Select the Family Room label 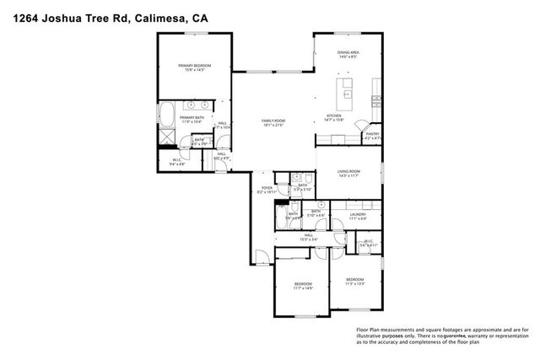(x=273, y=124)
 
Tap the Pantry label (x=372, y=135)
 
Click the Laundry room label (x=358, y=217)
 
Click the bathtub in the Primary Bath (x=166, y=112)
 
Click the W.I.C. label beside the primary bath (x=177, y=162)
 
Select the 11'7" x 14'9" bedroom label (x=303, y=285)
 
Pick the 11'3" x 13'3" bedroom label (x=354, y=282)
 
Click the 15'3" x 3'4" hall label (x=308, y=236)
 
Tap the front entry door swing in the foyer (x=265, y=258)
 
